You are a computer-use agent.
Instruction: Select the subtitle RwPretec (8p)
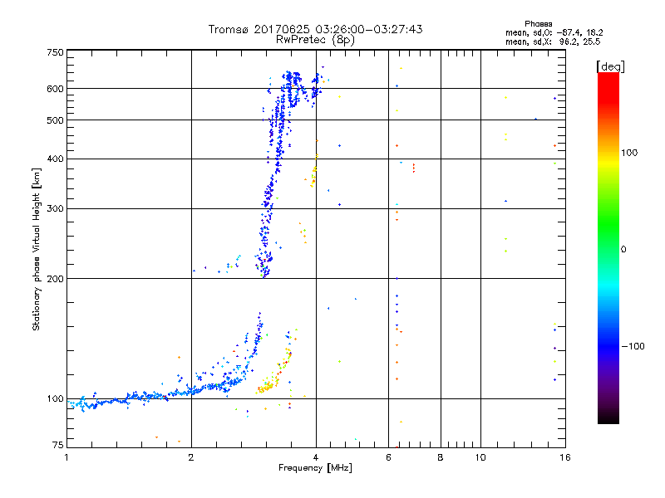315,39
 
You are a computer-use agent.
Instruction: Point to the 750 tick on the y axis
56,51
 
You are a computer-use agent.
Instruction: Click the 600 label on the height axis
56,88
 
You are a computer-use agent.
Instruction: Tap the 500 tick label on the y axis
56,120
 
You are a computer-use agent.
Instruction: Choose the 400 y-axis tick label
56,159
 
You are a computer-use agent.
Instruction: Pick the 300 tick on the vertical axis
56,208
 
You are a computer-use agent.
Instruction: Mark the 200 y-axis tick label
56,278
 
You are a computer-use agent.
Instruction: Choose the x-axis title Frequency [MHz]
315,468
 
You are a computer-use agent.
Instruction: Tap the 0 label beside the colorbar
624,249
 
